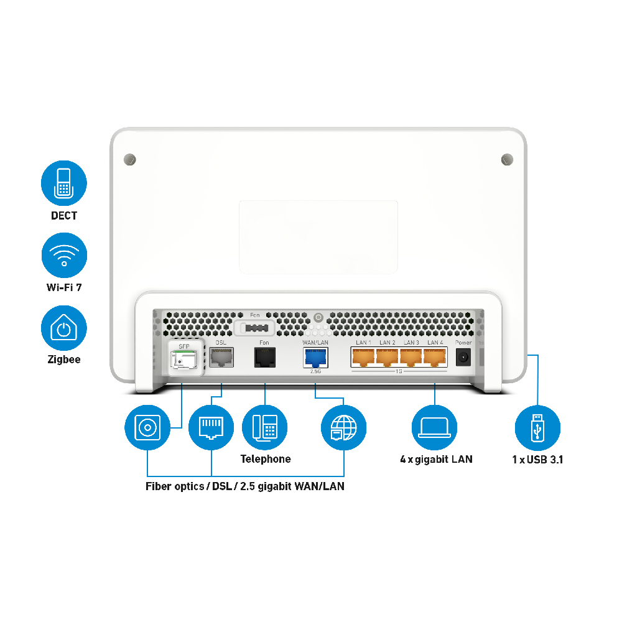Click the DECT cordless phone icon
[x=64, y=183]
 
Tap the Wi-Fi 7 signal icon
[x=64, y=255]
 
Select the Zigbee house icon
[x=64, y=328]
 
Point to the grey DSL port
[x=221, y=357]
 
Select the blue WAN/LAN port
[x=315, y=358]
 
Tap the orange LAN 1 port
[x=363, y=357]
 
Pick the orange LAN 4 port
[x=435, y=357]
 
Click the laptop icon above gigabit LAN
[x=435, y=427]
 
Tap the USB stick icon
[x=537, y=427]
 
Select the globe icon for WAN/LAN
[x=343, y=427]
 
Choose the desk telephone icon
[x=264, y=427]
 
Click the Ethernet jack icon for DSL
[x=211, y=427]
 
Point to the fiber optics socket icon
[x=147, y=427]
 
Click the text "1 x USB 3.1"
[x=537, y=460]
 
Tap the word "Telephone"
[x=266, y=459]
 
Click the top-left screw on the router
[x=129, y=159]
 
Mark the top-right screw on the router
[x=507, y=159]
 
